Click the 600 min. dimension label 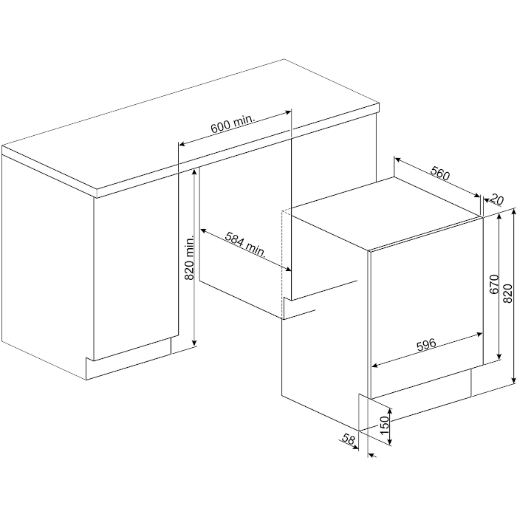tap(233, 123)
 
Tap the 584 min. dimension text tap(245, 244)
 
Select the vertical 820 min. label tap(189, 258)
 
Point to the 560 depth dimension tap(440, 171)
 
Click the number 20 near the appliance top tap(497, 199)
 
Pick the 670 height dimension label tap(495, 284)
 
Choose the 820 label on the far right tap(508, 292)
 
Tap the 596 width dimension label tap(426, 345)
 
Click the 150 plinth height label tap(385, 425)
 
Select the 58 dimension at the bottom tap(348, 439)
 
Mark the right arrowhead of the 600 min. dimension tap(288, 113)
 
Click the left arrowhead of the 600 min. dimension tap(182, 144)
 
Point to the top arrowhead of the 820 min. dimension tap(194, 171)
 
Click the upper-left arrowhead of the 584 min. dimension tap(203, 230)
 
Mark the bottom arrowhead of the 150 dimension tap(391, 442)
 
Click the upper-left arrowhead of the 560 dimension tap(397, 160)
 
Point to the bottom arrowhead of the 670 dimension tap(499, 356)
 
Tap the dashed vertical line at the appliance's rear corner tap(281, 264)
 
